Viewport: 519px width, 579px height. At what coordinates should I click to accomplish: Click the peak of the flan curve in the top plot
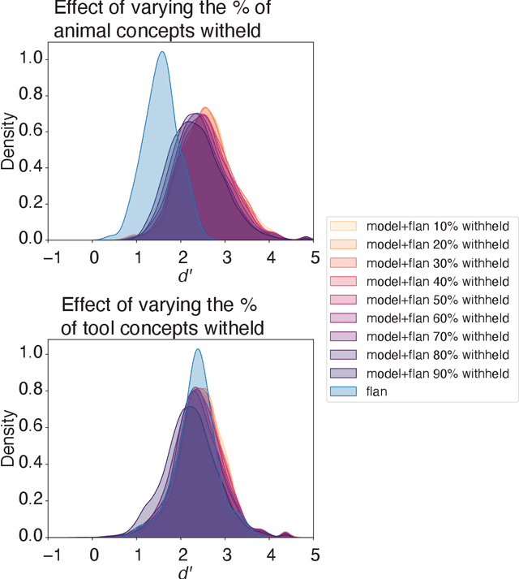tap(162, 52)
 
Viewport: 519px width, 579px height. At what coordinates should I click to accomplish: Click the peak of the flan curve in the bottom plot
tap(197, 350)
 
